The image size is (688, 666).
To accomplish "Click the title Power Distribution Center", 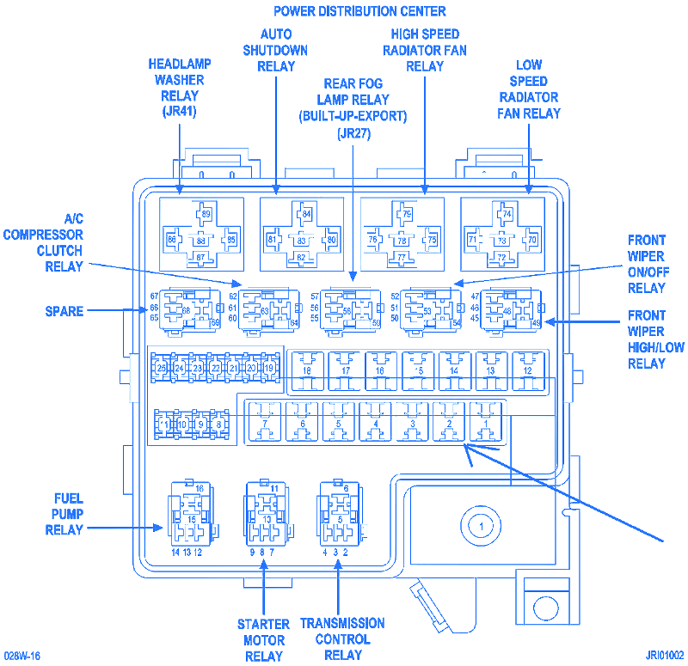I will pos(359,11).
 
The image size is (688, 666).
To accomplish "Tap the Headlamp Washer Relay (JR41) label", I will pos(179,88).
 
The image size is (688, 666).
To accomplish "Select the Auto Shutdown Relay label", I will pos(275,50).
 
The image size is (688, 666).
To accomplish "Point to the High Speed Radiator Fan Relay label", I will pos(425,50).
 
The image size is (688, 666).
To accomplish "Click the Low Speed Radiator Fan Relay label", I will pos(528,89).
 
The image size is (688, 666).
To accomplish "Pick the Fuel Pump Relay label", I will pos(64,514).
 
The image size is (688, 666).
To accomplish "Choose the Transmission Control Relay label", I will pos(342,639).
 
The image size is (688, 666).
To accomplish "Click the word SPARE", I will pos(64,311).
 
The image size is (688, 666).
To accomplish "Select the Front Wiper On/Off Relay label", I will pos(646,264).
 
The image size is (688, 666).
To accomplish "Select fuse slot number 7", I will pos(265,425).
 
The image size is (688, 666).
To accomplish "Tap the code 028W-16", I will pos(21,655).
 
